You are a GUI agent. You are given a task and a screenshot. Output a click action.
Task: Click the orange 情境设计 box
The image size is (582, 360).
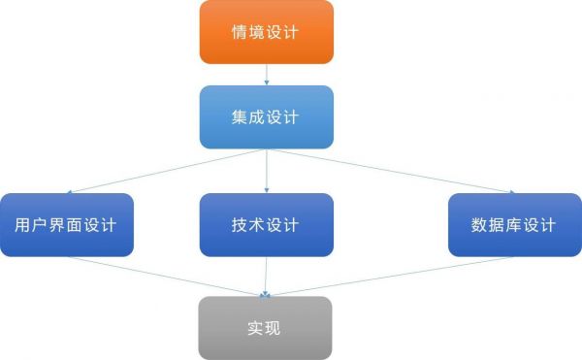[x=266, y=32]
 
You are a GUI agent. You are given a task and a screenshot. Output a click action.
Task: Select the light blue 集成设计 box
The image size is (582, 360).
[x=266, y=117]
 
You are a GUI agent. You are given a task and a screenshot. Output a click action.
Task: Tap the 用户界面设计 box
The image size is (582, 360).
[x=66, y=225]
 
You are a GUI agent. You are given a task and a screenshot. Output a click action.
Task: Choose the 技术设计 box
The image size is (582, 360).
[x=266, y=225]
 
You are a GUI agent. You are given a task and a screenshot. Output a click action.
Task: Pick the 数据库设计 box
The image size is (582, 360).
[x=513, y=225]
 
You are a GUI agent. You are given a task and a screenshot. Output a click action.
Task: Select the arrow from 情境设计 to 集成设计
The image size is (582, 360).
[x=266, y=75]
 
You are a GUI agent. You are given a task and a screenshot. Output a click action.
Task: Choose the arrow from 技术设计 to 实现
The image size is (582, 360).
[x=266, y=277]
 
